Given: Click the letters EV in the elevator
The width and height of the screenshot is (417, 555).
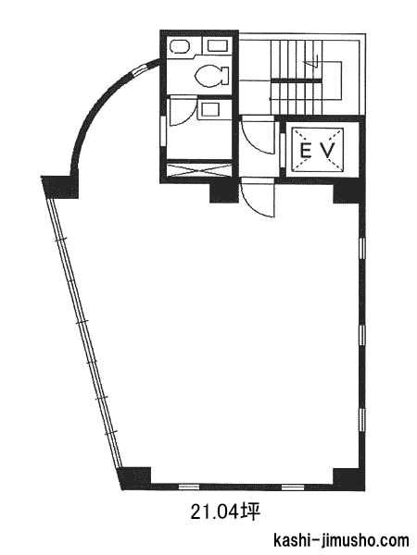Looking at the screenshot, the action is click(317, 151).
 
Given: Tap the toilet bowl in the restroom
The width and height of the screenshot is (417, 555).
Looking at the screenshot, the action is click(211, 75).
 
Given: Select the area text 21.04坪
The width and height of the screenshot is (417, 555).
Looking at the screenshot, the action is click(225, 512).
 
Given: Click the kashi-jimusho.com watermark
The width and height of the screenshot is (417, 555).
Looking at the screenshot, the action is click(341, 541).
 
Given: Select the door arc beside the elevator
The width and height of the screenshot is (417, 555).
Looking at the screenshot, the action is click(259, 137).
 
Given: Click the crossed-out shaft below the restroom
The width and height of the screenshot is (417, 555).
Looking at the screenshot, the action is click(199, 169).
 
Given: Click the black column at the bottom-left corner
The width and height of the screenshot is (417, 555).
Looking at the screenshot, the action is click(135, 478).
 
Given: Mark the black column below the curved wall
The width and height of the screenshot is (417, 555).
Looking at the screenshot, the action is click(59, 187).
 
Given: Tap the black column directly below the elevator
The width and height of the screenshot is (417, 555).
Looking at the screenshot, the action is click(347, 191).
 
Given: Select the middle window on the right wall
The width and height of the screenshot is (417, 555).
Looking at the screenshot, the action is click(362, 334).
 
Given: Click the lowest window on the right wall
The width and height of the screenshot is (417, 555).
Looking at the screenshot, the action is click(362, 420).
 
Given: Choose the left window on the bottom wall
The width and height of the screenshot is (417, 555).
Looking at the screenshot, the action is click(189, 487).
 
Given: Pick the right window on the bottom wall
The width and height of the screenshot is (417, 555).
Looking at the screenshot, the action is click(293, 487).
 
